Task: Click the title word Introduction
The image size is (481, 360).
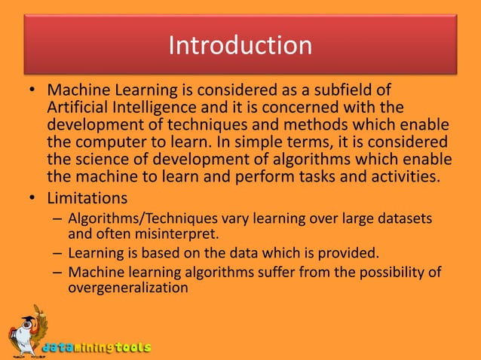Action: tap(240, 45)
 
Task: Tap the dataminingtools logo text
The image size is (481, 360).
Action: tap(96, 348)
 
